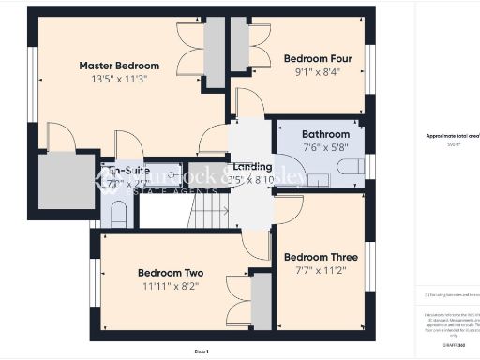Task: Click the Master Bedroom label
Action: pos(119,66)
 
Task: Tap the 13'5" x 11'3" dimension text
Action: pos(119,79)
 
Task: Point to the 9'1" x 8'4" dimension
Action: pos(312,70)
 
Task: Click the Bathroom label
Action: pos(325,134)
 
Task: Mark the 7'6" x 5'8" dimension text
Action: pos(325,147)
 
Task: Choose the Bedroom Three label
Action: pos(321,257)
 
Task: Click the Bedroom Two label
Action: pos(170,273)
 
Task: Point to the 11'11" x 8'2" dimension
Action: pos(172,286)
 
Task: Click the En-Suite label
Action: pos(128,171)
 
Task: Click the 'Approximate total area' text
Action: pos(452,136)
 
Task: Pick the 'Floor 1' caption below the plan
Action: pos(202,351)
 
